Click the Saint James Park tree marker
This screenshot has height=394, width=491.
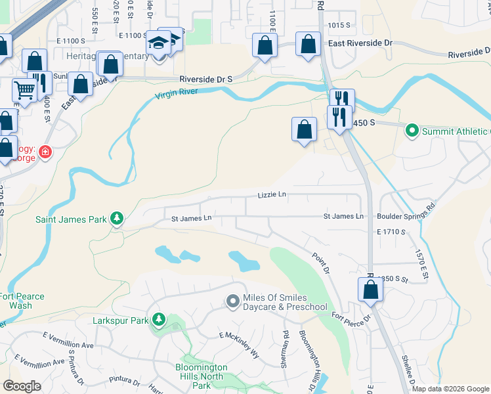[116, 218]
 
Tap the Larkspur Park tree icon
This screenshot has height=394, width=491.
[158, 320]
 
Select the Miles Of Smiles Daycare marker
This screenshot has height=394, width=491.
[232, 301]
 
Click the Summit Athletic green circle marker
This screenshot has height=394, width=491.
[412, 131]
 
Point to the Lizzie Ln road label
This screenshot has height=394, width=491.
[272, 194]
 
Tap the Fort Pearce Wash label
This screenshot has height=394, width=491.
[22, 301]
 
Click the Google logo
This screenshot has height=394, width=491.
[22, 385]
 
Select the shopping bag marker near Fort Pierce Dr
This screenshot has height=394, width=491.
[371, 290]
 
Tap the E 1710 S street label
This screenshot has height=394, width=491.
[392, 232]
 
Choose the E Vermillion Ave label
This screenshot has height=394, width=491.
[68, 340]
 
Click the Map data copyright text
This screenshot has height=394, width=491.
[450, 389]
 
